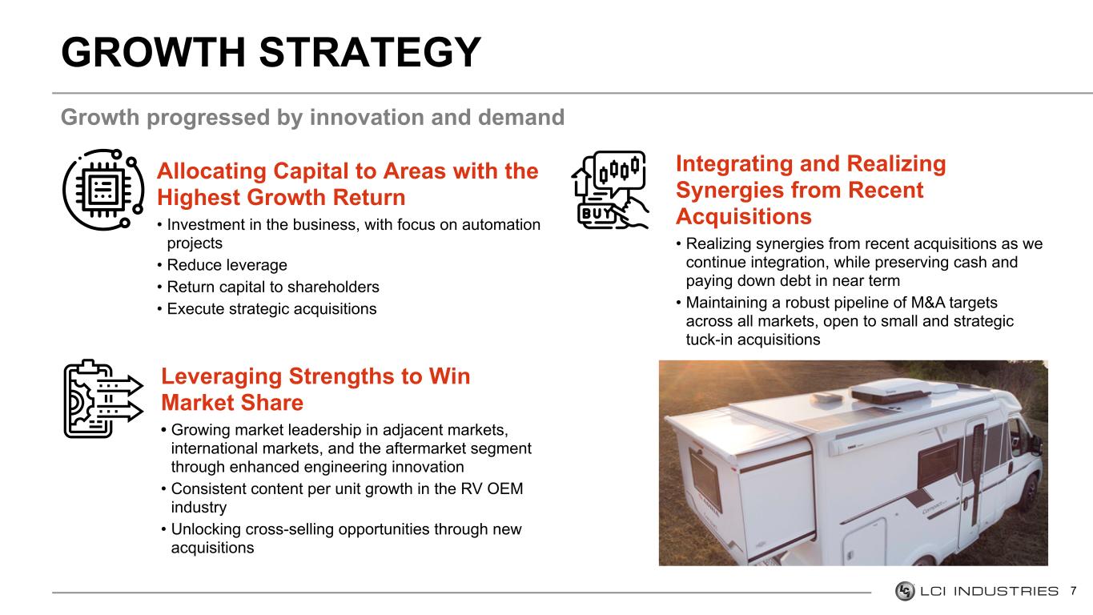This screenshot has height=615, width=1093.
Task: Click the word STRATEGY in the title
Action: pyautogui.click(x=370, y=52)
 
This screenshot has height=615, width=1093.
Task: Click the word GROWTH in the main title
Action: pyautogui.click(x=153, y=52)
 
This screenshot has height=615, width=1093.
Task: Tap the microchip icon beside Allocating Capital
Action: pyautogui.click(x=103, y=189)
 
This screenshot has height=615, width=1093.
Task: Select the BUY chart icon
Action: pyautogui.click(x=610, y=190)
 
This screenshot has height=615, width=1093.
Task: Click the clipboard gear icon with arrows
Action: pyautogui.click(x=103, y=399)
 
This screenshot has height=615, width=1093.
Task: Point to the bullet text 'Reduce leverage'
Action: pyautogui.click(x=227, y=265)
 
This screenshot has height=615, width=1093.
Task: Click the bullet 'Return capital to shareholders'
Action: pyautogui.click(x=273, y=287)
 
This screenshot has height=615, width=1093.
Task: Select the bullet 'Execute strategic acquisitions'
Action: pyautogui.click(x=271, y=309)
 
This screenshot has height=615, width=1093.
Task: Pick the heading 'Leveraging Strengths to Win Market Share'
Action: pyautogui.click(x=315, y=389)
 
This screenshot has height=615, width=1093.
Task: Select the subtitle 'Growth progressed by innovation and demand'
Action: pyautogui.click(x=313, y=118)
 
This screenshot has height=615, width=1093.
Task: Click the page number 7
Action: pyautogui.click(x=1073, y=591)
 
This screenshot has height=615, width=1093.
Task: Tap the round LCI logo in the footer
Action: pyautogui.click(x=905, y=591)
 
